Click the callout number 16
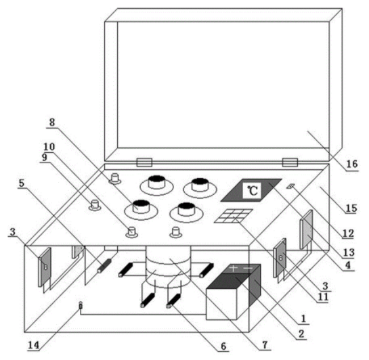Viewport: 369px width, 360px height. pos(352,164)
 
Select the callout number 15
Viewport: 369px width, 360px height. pos(351,208)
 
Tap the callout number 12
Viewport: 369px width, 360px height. pos(348,233)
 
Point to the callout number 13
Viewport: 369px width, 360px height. pos(349,252)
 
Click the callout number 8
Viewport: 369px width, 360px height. pos(51,122)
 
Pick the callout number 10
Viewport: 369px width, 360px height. pos(49,147)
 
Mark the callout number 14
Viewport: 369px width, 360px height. pos(34,345)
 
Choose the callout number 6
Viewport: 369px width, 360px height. pos(223,346)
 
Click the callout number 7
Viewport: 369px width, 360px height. pos(265,345)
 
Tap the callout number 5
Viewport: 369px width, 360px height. pos(22,183)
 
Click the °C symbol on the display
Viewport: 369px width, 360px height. pos(253,190)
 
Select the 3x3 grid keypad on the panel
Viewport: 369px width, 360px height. pos(233,216)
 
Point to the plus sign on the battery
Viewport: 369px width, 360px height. pos(233,268)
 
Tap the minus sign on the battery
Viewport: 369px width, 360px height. pos(248,268)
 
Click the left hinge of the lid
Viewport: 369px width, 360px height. pos(144,162)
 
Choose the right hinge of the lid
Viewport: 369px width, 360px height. pos(290,162)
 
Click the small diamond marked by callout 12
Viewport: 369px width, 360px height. pos(290,186)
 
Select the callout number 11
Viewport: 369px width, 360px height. pos(323,297)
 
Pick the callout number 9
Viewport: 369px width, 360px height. pos(45,157)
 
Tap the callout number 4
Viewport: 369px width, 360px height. pos(348,265)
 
